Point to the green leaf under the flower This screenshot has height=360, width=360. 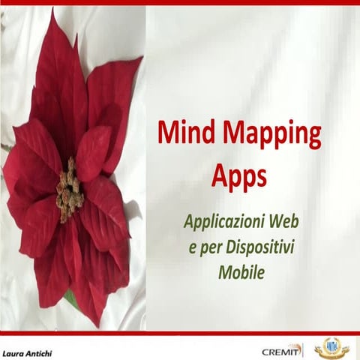pyautogui.click(x=70, y=299)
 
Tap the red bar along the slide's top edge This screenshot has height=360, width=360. pyautogui.click(x=180, y=2)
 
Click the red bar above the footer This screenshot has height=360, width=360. pyautogui.click(x=180, y=333)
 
